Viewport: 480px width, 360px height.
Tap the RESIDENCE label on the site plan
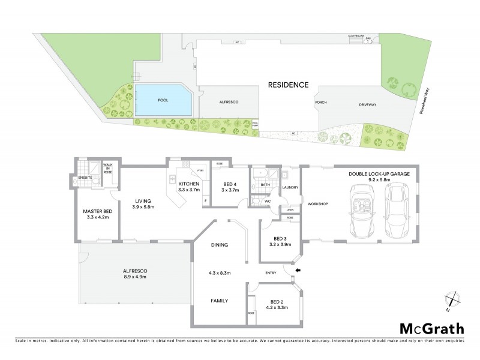[x=289, y=85]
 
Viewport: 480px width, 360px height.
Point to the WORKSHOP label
[x=317, y=204]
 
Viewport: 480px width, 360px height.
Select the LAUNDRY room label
[x=290, y=187]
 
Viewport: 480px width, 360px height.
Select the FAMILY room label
[x=218, y=300]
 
